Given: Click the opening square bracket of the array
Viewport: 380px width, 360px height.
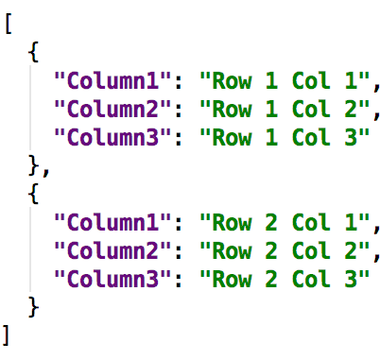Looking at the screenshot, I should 9,26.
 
